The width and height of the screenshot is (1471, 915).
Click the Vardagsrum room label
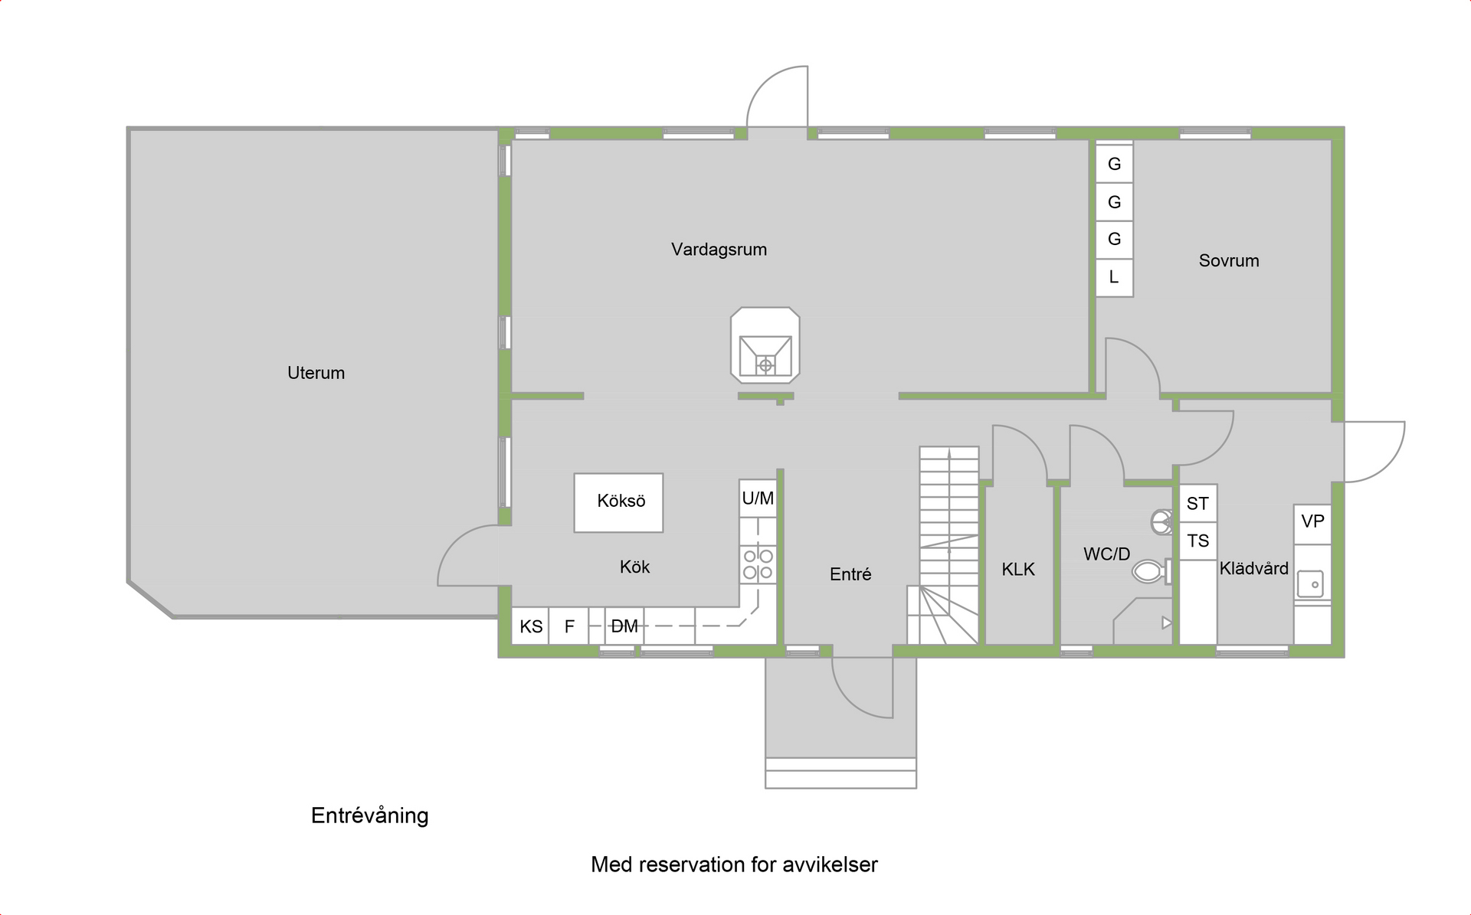[719, 250]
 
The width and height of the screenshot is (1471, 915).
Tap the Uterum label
[316, 373]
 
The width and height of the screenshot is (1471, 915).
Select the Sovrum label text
[1228, 261]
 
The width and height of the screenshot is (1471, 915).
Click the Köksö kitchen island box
[619, 502]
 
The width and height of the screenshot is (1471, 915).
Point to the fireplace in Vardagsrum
[765, 346]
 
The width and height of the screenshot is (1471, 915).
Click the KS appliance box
[530, 626]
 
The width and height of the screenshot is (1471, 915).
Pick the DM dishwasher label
[624, 626]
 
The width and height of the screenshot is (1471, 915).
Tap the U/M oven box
[758, 498]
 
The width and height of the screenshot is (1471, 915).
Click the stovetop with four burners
[758, 564]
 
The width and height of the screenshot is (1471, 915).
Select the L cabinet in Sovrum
[1114, 277]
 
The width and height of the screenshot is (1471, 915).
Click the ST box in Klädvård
[1197, 504]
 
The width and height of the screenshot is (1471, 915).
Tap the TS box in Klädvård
[1197, 541]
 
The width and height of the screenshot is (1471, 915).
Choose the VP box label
[1312, 522]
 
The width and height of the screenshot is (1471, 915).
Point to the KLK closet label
[1018, 570]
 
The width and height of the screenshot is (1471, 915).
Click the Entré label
[850, 574]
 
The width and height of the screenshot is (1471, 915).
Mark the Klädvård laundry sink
[1312, 584]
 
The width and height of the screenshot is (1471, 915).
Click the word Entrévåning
[369, 815]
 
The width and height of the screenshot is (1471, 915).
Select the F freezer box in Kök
[569, 626]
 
